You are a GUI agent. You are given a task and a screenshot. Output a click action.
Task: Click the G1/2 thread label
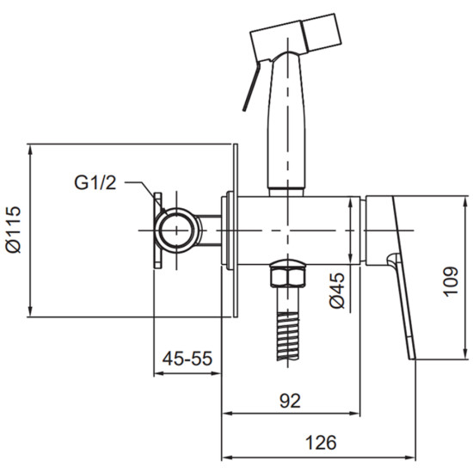point(95,182)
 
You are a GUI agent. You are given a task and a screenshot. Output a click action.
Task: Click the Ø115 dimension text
point(14,230)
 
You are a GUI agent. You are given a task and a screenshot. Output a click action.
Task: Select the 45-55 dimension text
point(187,359)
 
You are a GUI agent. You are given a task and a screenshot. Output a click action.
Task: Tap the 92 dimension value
point(290,401)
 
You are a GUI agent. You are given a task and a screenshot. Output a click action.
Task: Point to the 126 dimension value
point(321,443)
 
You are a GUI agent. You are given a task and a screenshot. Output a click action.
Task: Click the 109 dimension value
point(451,281)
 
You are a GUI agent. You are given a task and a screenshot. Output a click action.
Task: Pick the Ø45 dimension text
point(337,291)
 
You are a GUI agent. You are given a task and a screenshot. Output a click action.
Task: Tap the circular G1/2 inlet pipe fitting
point(177,230)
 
